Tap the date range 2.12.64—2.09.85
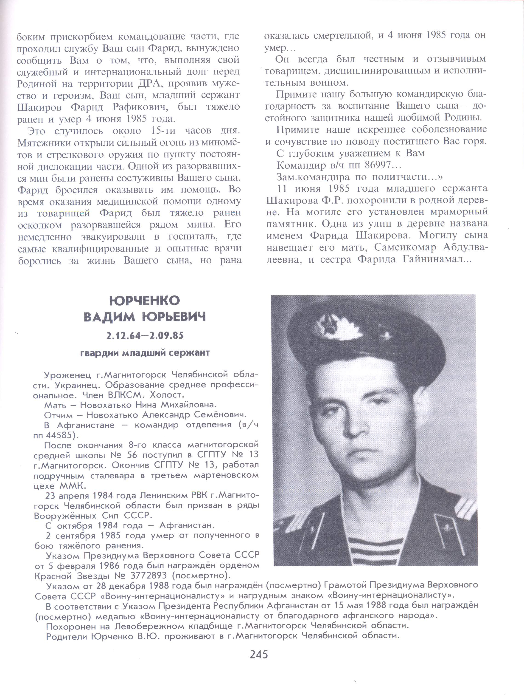click(145, 336)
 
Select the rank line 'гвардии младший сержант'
click(145, 353)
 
